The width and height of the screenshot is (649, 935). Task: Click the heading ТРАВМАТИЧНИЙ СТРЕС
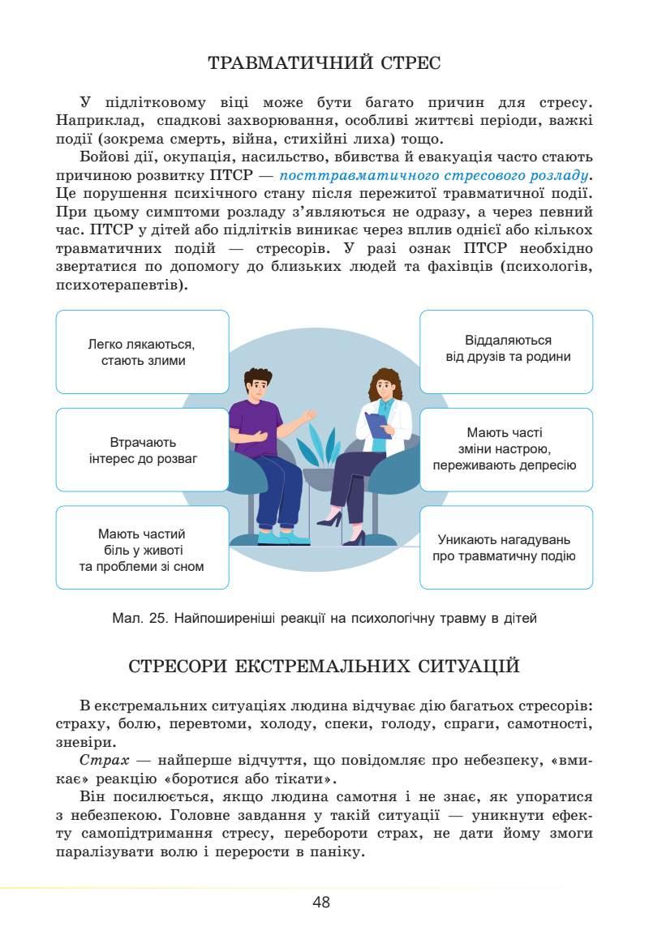point(324,62)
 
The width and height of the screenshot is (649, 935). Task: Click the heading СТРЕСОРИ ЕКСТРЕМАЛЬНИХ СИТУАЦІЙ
point(324,667)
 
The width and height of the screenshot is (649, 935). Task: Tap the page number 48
point(321,902)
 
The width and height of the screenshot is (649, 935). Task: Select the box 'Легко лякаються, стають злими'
point(143,352)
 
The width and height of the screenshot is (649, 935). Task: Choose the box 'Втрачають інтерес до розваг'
point(143,450)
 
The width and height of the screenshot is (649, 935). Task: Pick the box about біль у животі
point(143,549)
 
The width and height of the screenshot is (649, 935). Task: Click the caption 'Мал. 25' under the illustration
point(324,619)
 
